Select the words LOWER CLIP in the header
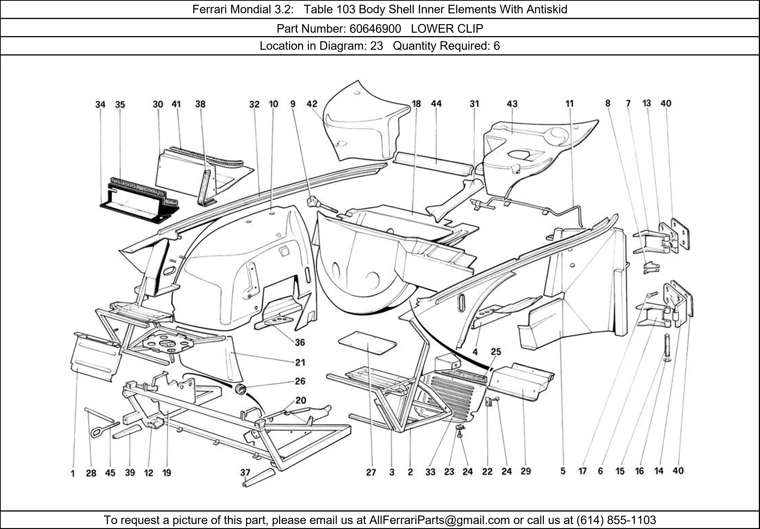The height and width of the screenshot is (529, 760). [447, 29]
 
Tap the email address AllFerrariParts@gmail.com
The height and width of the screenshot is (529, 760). [439, 520]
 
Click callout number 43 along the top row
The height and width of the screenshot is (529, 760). [512, 104]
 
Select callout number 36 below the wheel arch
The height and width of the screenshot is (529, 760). [300, 342]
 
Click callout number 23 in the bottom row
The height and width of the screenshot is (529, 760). [449, 472]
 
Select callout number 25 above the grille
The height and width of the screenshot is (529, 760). [496, 352]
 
